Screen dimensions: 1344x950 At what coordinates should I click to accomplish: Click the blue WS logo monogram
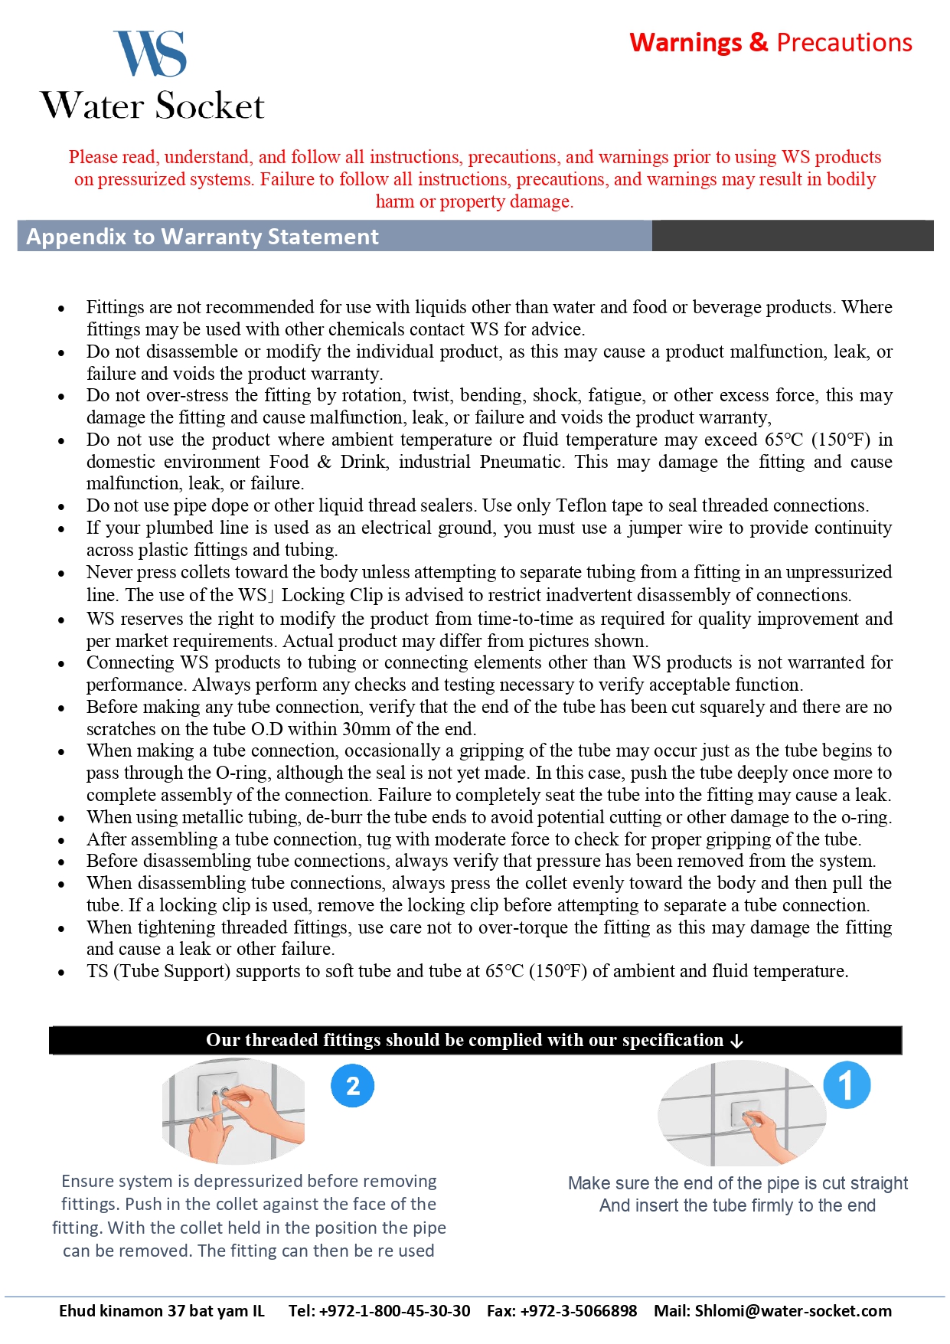(151, 54)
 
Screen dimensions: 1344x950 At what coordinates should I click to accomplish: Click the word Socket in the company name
(211, 106)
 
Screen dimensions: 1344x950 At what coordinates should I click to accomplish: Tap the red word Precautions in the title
(844, 43)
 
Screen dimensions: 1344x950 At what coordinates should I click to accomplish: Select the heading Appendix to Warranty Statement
(203, 237)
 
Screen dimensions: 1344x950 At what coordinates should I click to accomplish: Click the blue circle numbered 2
(353, 1085)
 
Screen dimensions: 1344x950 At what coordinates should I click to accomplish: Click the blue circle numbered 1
(847, 1084)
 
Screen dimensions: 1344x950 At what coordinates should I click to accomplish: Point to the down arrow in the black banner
(736, 1041)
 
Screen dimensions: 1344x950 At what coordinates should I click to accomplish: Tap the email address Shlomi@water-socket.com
(793, 1310)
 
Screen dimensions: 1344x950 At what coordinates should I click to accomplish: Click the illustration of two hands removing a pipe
(233, 1110)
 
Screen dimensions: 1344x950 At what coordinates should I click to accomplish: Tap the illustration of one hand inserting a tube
(741, 1113)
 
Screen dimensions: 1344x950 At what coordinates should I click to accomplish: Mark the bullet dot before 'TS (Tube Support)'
(61, 973)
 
